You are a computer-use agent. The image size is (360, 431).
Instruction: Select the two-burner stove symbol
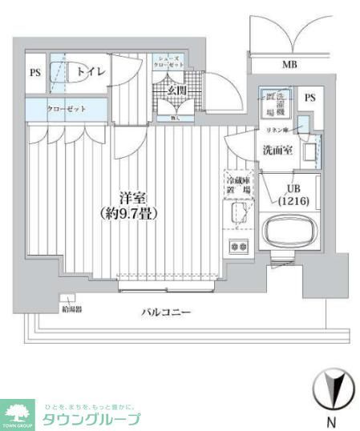[238, 246]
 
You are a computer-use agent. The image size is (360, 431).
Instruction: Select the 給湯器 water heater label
[70, 308]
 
